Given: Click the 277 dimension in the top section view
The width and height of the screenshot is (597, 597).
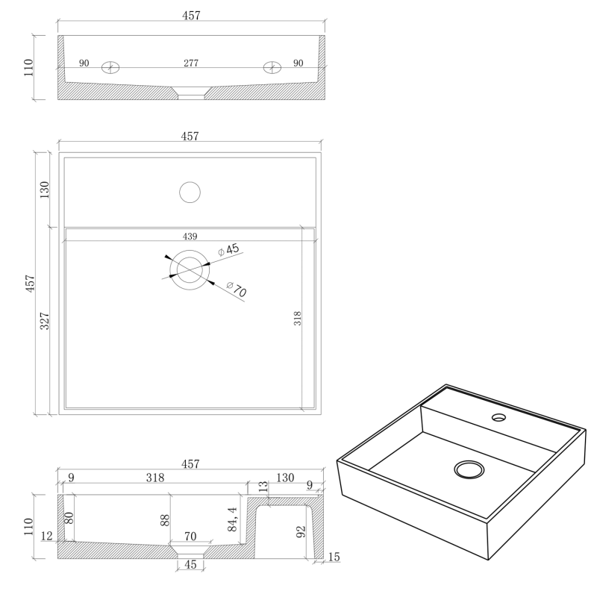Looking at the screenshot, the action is [191, 63].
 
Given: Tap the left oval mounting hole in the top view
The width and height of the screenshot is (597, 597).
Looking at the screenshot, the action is [110, 68].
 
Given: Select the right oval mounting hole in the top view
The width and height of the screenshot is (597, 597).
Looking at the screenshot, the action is [272, 67].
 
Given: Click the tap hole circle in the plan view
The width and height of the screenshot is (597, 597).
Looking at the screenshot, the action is [190, 193].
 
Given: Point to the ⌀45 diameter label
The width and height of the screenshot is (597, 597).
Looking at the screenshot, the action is [228, 250].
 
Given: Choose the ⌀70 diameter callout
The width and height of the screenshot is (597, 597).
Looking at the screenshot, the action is [237, 290].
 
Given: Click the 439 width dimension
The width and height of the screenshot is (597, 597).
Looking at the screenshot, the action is [190, 237].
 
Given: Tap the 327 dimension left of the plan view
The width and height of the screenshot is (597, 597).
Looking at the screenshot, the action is [45, 321].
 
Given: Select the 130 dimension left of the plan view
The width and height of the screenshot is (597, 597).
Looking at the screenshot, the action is [45, 190].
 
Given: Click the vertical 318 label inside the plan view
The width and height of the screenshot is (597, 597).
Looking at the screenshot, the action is [297, 319].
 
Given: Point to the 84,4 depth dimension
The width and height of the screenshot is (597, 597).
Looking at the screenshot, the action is [232, 519].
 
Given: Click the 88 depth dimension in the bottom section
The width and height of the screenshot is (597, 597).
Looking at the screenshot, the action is [165, 520].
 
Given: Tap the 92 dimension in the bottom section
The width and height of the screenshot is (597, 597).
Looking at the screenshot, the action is [301, 532].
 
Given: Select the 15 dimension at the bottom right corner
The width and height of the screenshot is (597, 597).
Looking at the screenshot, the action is [334, 557].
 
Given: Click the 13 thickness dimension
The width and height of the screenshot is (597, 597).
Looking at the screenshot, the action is [263, 487].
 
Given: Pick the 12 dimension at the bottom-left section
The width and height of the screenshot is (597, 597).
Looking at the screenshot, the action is [46, 536].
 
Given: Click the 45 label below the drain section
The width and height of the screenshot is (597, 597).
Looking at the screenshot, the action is [190, 564].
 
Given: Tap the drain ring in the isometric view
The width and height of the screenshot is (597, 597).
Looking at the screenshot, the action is [469, 469].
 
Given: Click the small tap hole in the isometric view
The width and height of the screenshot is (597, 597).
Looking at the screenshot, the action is [498, 418].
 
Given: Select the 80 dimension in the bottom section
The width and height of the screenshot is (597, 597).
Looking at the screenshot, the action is [69, 518].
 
